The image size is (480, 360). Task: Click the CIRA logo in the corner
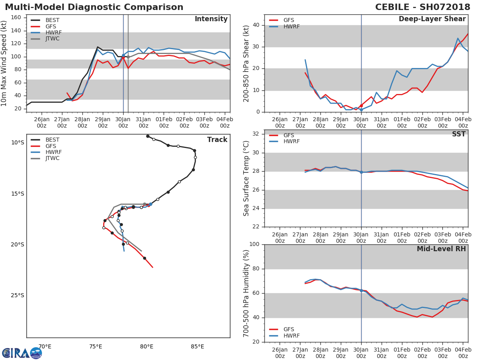coord(22,353)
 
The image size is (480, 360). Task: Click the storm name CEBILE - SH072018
coord(422,7)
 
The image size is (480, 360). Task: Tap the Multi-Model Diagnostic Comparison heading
coord(94,7)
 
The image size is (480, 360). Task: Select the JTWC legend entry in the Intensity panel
coord(45,39)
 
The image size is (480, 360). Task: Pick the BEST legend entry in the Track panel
coord(45,140)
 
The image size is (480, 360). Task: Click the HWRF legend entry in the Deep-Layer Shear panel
coord(284,26)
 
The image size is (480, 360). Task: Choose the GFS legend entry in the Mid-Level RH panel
coord(282,329)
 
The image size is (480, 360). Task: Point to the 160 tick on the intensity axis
coord(16,18)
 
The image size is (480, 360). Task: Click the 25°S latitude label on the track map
coord(18,296)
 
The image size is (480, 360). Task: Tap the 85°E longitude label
coord(197,347)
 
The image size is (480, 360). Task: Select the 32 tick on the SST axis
coord(256,134)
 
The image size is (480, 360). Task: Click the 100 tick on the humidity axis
coord(254,244)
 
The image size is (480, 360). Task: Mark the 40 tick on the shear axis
coord(256,25)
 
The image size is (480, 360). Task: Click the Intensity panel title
coord(211,19)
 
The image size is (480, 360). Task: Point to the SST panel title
coord(459,134)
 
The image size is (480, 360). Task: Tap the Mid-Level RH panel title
coord(441,249)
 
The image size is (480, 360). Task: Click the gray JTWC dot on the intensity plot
coord(128,57)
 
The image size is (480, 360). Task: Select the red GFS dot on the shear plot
coord(361,106)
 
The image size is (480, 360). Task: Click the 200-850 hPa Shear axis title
coord(246,64)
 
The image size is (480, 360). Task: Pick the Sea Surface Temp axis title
coord(246,178)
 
